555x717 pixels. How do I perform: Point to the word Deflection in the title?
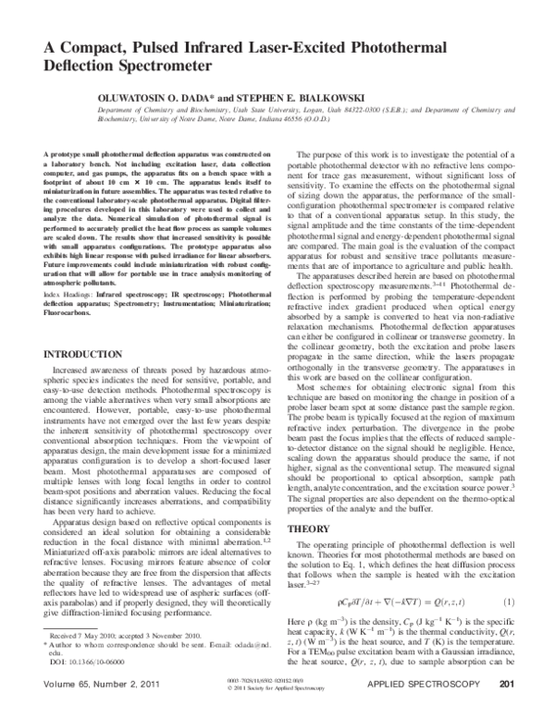[x=76, y=67]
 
